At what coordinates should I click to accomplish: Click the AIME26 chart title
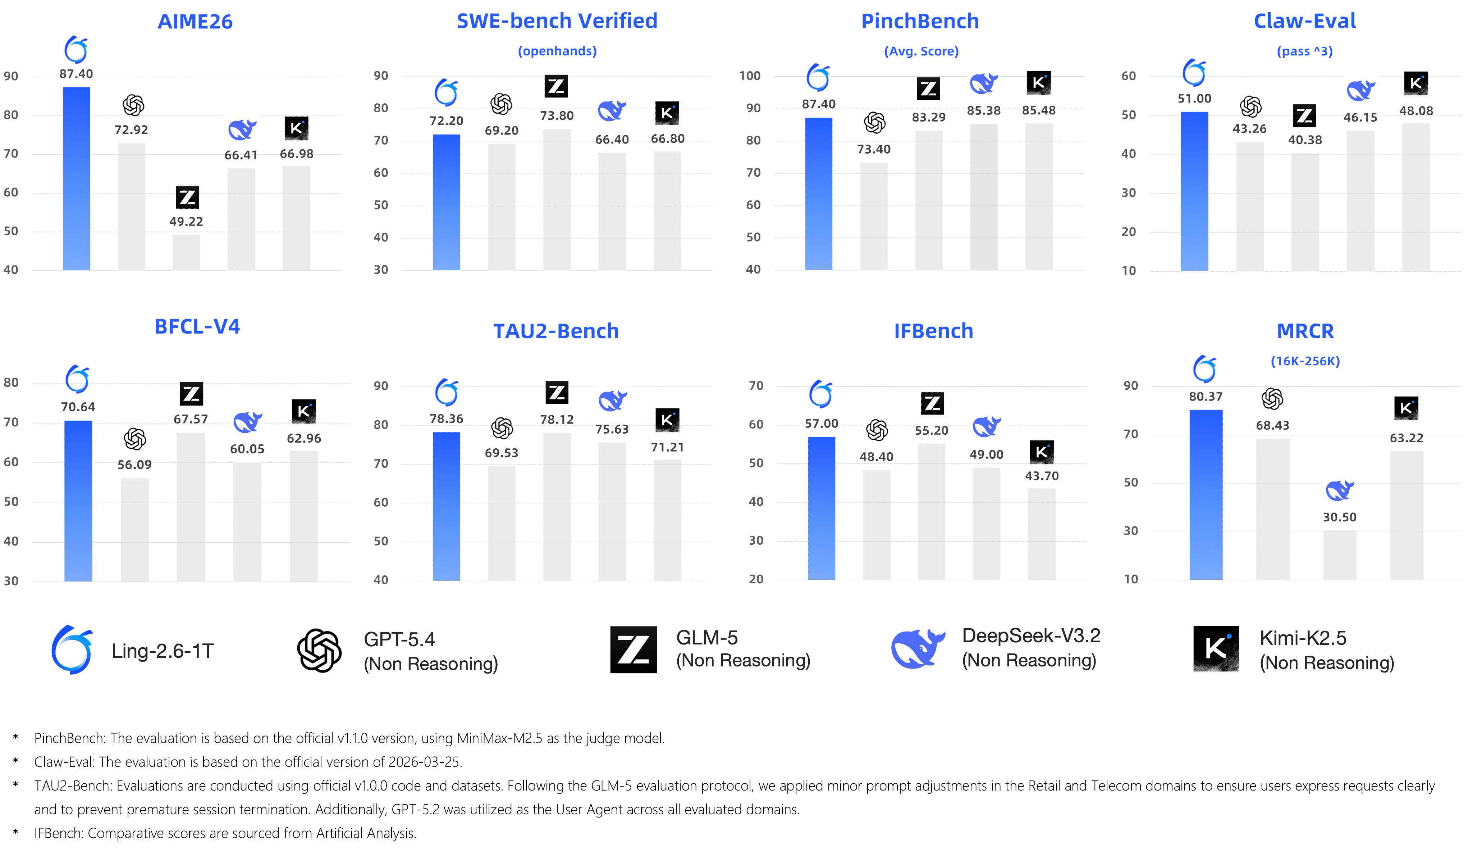[195, 22]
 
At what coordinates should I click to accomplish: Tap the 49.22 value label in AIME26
[186, 222]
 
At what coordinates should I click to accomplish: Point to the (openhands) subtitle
[557, 51]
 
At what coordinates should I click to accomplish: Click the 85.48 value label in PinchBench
[1039, 110]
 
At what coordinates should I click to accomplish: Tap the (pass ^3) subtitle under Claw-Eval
[1305, 51]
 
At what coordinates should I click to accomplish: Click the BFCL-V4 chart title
[197, 326]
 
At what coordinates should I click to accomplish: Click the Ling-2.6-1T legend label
[163, 651]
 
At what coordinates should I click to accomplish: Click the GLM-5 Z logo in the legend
[633, 649]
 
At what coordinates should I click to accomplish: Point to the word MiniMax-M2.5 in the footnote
[499, 738]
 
